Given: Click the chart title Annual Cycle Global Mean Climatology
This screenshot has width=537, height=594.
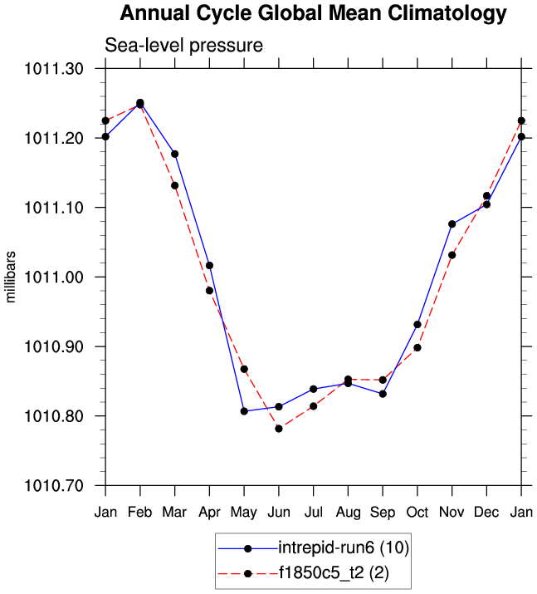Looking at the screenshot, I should [313, 14].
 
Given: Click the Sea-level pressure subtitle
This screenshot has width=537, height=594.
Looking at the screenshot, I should [183, 46].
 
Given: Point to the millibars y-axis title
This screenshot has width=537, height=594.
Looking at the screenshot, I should [12, 277].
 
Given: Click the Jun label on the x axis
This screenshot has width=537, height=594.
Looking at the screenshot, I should [279, 513].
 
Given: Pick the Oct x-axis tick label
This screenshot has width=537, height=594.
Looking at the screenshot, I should [417, 513].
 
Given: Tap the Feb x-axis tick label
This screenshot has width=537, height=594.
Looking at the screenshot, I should [140, 513].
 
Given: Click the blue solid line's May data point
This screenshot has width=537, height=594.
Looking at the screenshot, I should [244, 411].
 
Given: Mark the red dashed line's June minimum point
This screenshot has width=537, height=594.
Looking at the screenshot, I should [279, 429].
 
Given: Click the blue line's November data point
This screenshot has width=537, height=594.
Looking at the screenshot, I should [452, 224].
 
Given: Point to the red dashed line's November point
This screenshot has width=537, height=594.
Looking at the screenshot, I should [452, 255].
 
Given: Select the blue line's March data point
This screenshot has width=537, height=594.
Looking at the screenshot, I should [175, 154].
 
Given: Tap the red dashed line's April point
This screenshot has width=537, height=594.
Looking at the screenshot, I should [209, 291].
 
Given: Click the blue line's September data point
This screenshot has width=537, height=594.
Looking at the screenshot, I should [383, 394].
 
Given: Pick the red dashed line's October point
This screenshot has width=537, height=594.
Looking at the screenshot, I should [417, 347].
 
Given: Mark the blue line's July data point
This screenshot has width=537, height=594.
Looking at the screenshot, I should [314, 389].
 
